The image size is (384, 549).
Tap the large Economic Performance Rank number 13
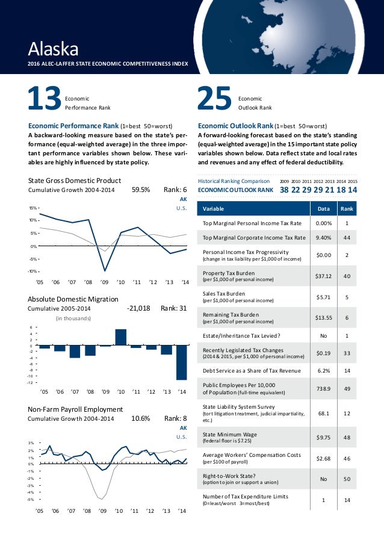point(44,100)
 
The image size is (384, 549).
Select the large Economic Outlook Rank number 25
point(214,100)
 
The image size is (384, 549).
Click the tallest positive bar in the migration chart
point(120,337)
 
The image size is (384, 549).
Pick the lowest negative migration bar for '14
point(182,362)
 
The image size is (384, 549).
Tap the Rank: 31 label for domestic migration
point(174,308)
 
